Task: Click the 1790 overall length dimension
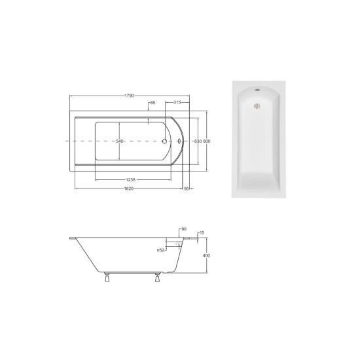pyautogui.click(x=129, y=96)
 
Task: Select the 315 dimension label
pyautogui.click(x=177, y=102)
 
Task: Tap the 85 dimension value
pyautogui.click(x=153, y=103)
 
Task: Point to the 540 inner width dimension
pyautogui.click(x=120, y=141)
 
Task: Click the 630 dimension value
pyautogui.click(x=198, y=141)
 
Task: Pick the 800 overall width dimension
pyautogui.click(x=207, y=141)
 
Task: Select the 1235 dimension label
pyautogui.click(x=131, y=180)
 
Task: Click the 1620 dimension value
pyautogui.click(x=128, y=189)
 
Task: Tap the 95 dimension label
pyautogui.click(x=187, y=189)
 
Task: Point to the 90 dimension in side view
pyautogui.click(x=184, y=229)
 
